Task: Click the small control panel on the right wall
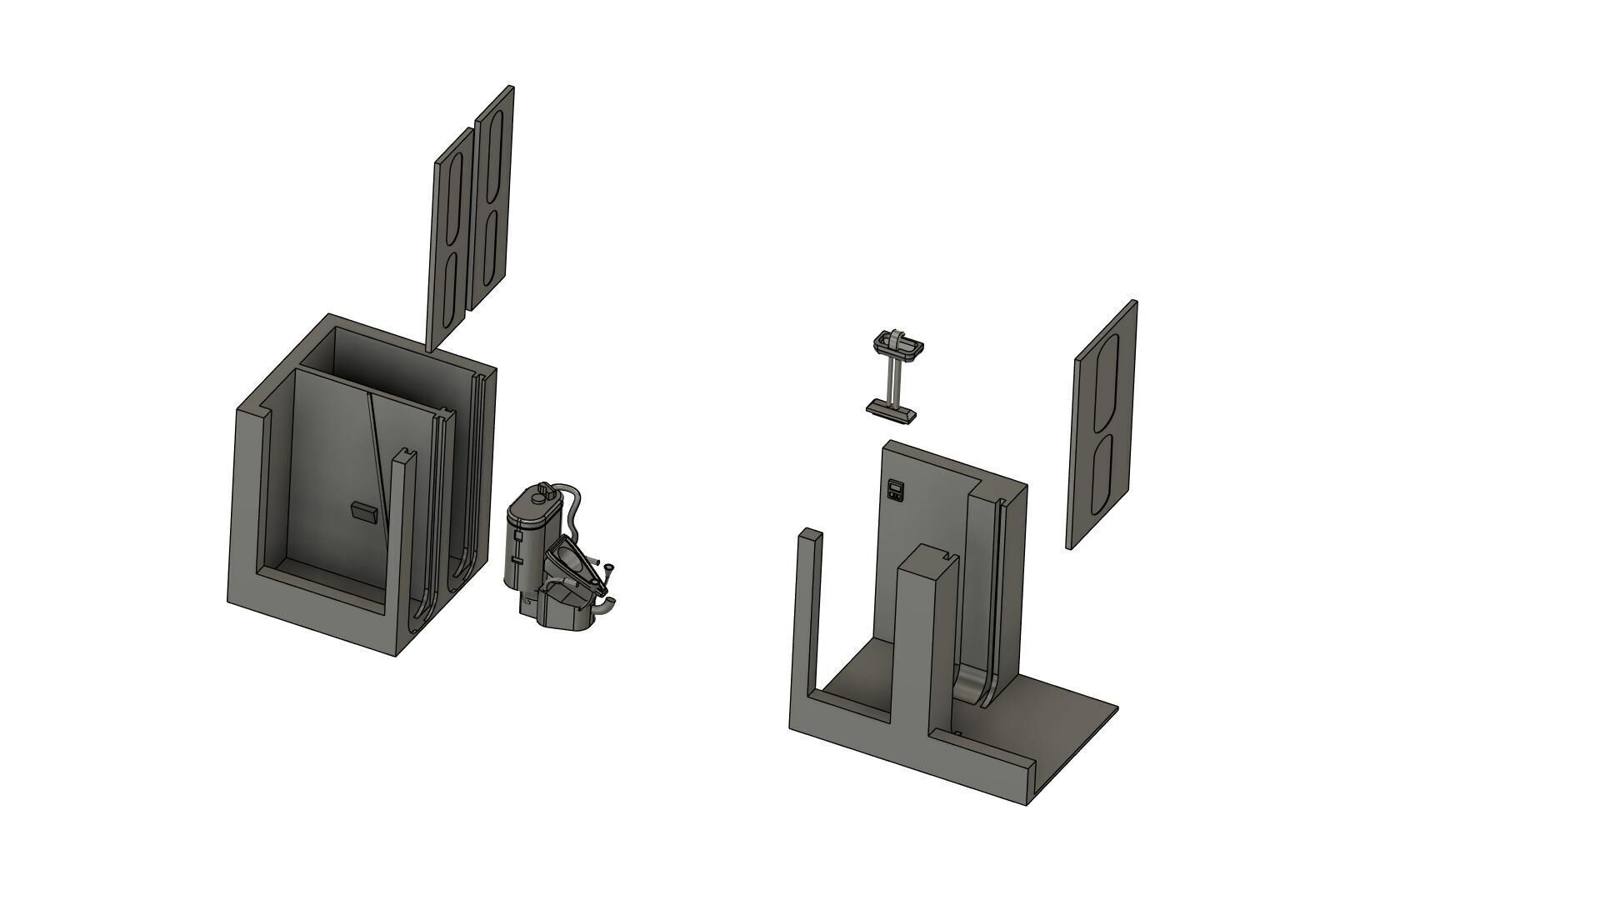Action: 896,490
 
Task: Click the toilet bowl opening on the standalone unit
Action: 570,556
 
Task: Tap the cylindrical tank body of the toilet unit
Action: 525,542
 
